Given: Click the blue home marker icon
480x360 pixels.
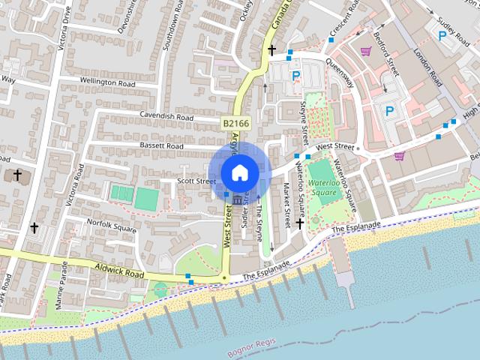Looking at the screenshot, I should (239, 172).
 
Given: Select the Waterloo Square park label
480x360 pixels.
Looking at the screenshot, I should (325, 187).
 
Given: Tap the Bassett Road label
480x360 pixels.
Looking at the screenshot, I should (160, 145).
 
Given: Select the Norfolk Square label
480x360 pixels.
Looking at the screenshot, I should (111, 223).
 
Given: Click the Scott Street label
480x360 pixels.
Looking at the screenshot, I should (196, 181).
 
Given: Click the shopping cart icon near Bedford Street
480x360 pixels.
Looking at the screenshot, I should (366, 51).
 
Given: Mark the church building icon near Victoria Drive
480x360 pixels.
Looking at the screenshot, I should (18, 175).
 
